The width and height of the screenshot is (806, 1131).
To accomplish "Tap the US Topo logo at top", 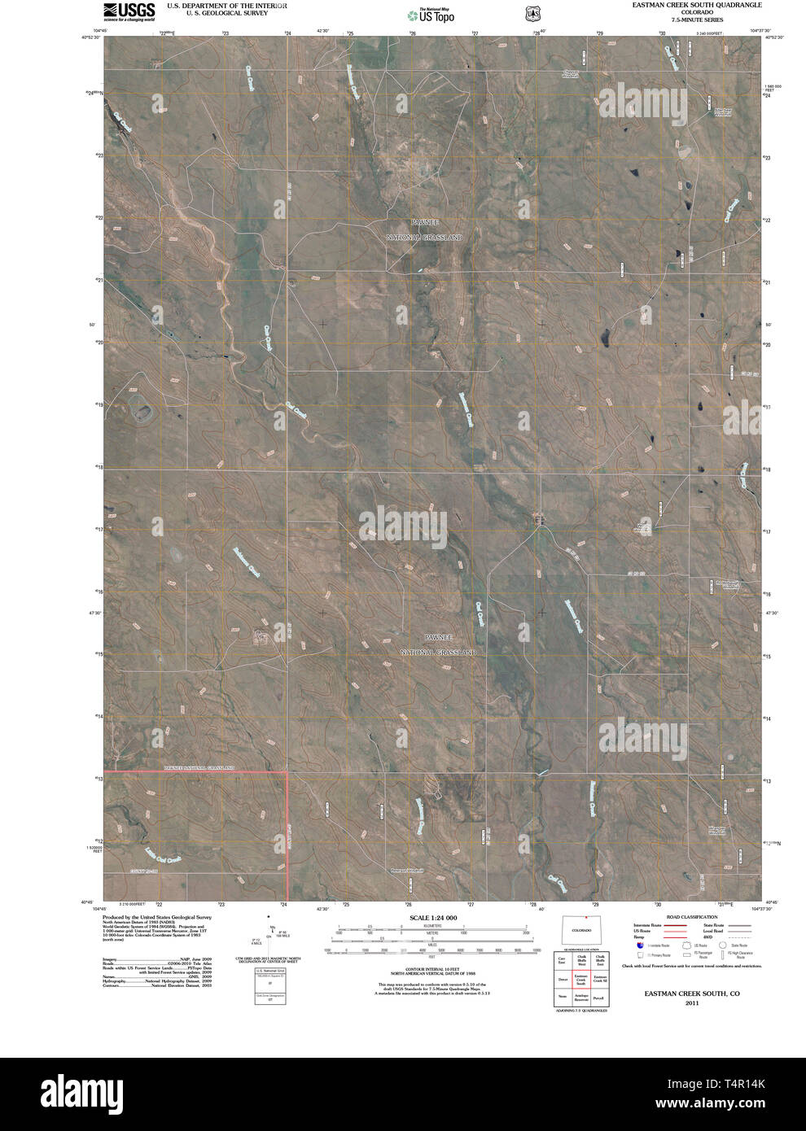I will click(x=431, y=14).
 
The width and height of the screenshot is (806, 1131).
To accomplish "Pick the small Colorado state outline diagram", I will click(x=581, y=928).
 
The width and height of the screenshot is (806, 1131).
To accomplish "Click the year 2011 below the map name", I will click(x=691, y=1003).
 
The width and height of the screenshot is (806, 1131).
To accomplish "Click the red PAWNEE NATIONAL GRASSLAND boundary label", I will click(x=199, y=767).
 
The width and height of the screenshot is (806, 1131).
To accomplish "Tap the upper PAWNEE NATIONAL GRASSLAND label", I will click(x=423, y=229).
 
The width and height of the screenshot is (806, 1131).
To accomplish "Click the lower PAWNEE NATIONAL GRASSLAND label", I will click(x=437, y=644).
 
